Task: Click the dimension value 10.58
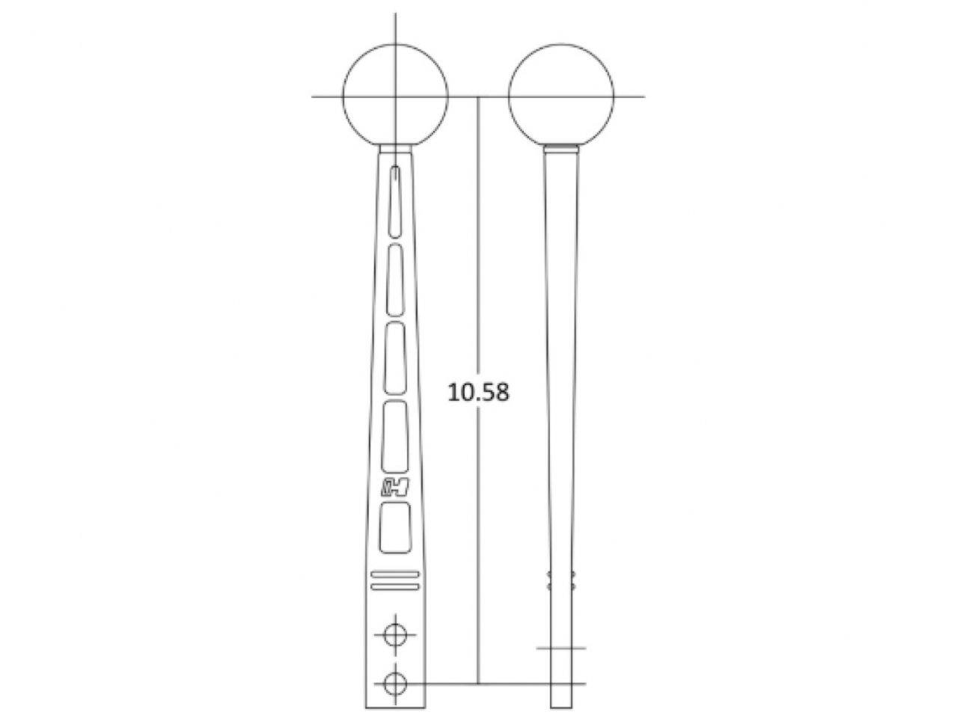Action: point(478,392)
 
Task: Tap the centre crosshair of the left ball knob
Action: point(395,96)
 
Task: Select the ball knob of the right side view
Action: point(561,96)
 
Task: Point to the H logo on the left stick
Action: point(394,487)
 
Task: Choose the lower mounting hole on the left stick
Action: point(394,683)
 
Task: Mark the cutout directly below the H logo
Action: point(395,528)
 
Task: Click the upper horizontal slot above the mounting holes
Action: point(394,574)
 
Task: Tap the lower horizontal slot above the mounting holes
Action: point(394,588)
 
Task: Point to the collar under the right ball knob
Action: point(561,150)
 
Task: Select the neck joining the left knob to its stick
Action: point(395,149)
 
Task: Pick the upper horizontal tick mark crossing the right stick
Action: point(561,648)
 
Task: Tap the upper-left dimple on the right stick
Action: point(550,576)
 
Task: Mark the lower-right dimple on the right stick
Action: point(572,587)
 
